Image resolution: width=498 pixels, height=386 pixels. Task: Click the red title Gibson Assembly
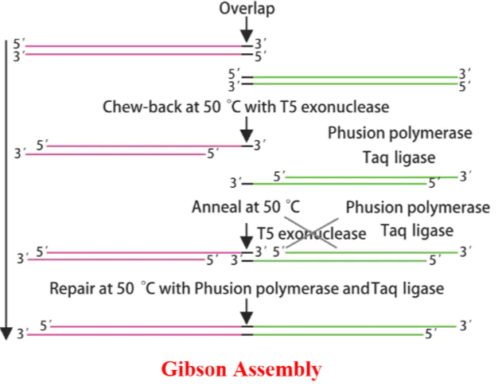241,369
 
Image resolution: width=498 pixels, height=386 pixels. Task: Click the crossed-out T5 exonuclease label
312,234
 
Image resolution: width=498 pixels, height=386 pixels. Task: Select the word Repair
74,287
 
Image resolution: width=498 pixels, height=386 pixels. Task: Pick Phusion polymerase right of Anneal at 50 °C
418,208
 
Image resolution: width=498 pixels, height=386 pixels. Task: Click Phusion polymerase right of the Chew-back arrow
400,132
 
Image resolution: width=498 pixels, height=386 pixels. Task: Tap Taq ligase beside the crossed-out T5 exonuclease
417,231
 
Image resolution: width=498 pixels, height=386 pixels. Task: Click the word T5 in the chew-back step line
289,107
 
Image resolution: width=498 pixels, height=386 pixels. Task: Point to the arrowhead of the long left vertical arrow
9,332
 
